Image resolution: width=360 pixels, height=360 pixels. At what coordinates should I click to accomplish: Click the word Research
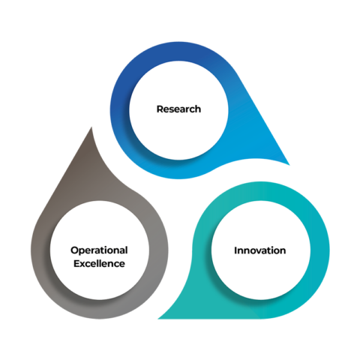point(178,109)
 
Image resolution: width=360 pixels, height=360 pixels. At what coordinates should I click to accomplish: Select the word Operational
point(99,250)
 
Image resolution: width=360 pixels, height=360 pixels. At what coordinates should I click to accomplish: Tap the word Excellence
point(99,263)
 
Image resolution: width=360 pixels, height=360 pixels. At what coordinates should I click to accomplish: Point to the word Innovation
point(260,250)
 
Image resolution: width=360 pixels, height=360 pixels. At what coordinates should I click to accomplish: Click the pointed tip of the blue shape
point(289,165)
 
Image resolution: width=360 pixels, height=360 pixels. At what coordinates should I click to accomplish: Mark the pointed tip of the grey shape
point(91,127)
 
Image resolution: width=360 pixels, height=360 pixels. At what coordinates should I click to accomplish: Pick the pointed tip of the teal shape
point(158,319)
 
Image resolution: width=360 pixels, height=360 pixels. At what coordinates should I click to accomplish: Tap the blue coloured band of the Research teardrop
point(119,110)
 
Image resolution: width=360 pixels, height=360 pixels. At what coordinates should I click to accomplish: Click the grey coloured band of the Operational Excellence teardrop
point(40,250)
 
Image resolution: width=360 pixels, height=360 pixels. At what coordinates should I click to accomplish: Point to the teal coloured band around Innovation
point(320,250)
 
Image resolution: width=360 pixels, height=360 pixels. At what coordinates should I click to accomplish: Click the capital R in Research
point(160,109)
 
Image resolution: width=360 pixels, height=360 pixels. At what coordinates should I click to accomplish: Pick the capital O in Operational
point(75,250)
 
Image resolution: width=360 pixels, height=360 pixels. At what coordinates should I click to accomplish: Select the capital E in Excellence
point(76,263)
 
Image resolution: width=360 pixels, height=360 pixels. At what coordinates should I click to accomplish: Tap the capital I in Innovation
point(235,250)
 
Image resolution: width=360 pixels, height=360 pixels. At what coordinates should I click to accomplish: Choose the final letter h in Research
point(198,109)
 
